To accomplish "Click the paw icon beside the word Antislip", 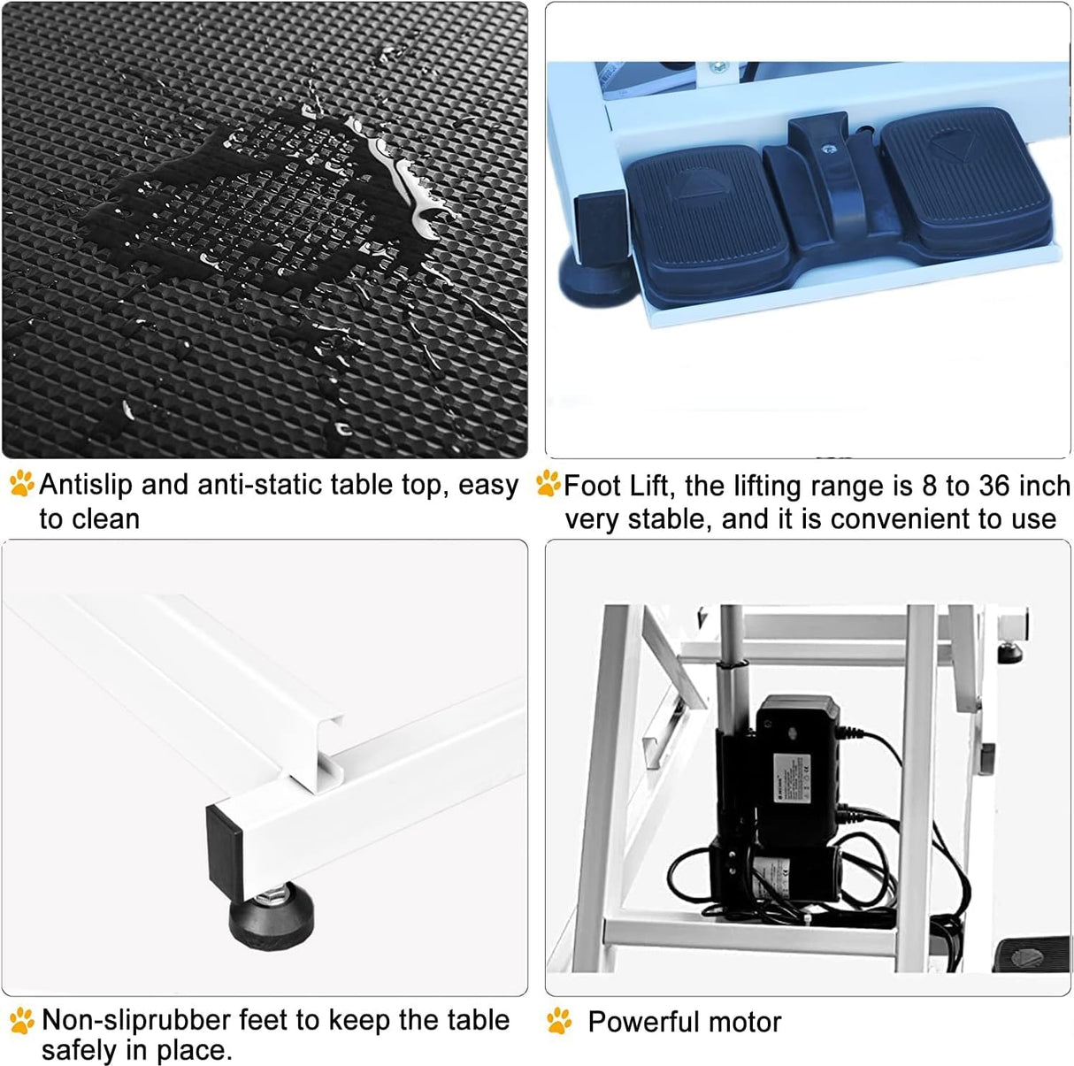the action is click(22, 483).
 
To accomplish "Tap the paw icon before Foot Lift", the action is click(548, 484).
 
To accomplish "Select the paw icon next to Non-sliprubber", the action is click(22, 1021).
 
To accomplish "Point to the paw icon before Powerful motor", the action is click(559, 1021).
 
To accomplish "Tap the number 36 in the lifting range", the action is click(995, 486).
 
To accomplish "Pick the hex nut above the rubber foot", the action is click(269, 894).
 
